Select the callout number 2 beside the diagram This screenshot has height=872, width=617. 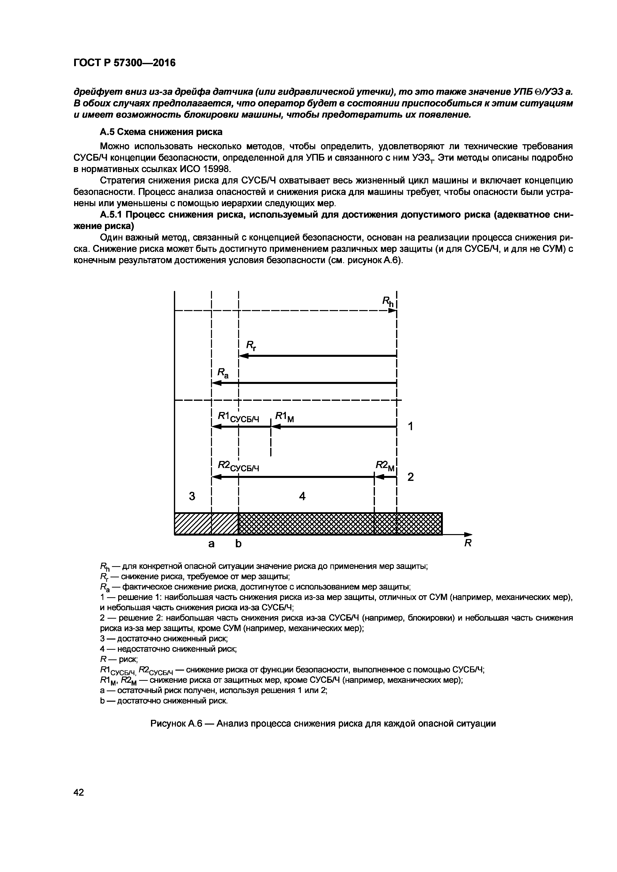(x=410, y=477)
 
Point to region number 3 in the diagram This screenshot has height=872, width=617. (x=192, y=496)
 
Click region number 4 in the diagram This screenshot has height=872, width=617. (x=302, y=496)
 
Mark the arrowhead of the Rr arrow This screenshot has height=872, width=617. (x=242, y=356)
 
